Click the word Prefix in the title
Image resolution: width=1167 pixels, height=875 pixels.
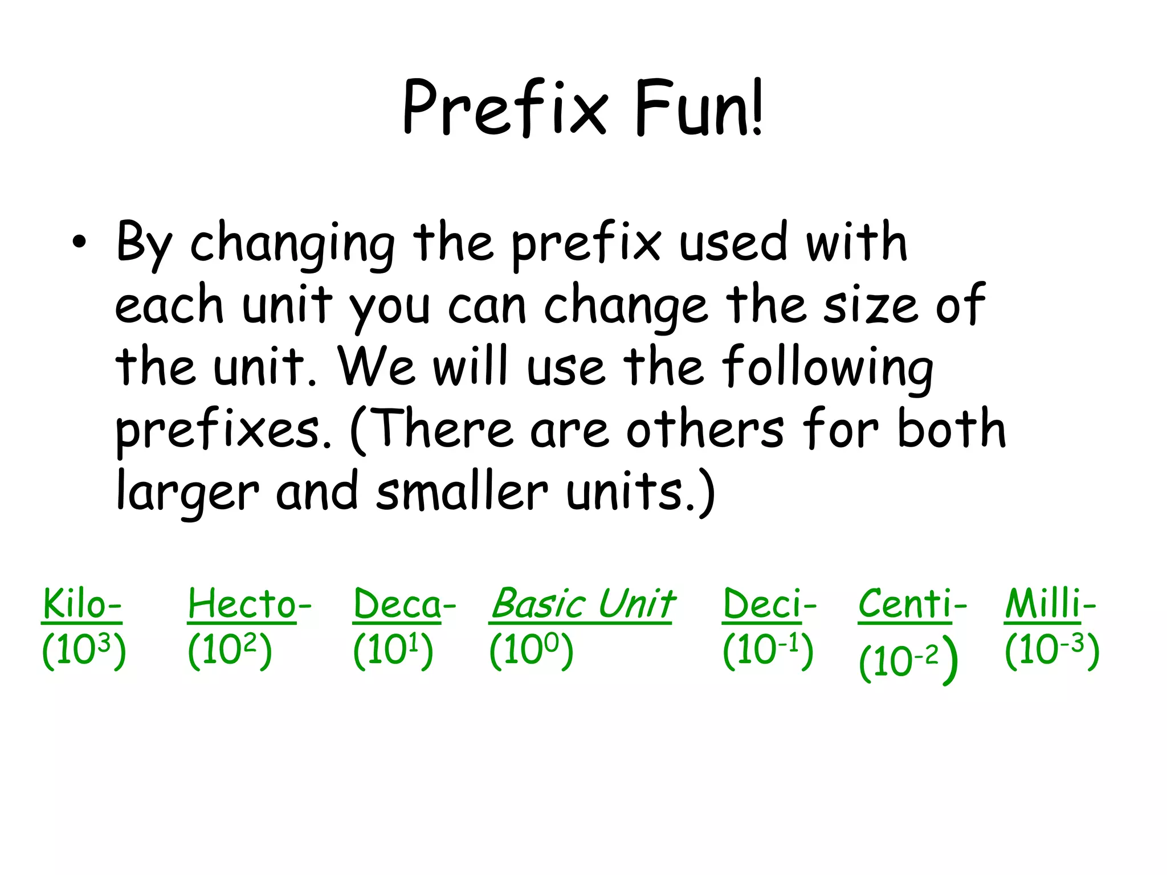pos(505,108)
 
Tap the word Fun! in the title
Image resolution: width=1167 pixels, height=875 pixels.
pos(697,108)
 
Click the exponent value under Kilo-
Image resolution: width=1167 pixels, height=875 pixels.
pos(84,651)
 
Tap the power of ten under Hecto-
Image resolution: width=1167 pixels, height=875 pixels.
pos(230,651)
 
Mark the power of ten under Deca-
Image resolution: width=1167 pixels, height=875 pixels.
pos(393,651)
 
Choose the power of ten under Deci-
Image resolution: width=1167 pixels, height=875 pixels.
pos(768,651)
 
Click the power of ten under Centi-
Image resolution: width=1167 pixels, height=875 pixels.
pos(908,661)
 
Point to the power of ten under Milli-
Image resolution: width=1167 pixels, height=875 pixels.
pos(1052,651)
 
